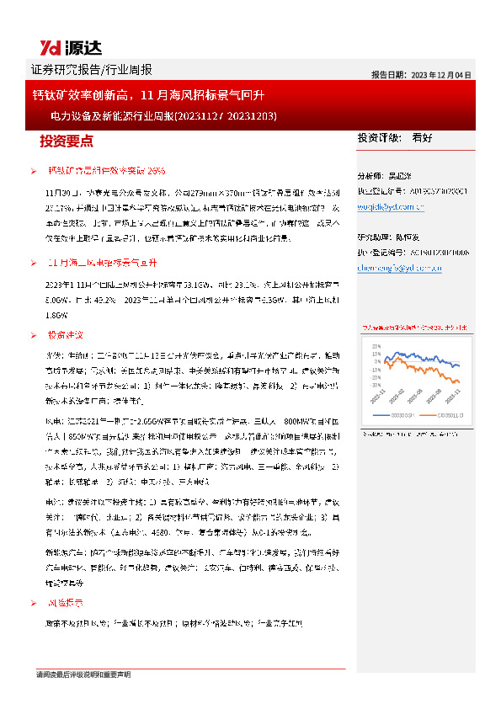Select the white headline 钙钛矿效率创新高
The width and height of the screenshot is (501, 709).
pos(85,96)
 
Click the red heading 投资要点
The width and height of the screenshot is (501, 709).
pos(67,140)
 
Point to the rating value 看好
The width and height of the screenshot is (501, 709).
pos(422,137)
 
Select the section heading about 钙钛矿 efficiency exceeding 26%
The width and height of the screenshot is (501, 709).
pos(106,171)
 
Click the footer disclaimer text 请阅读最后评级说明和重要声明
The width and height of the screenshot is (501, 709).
pos(83,675)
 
